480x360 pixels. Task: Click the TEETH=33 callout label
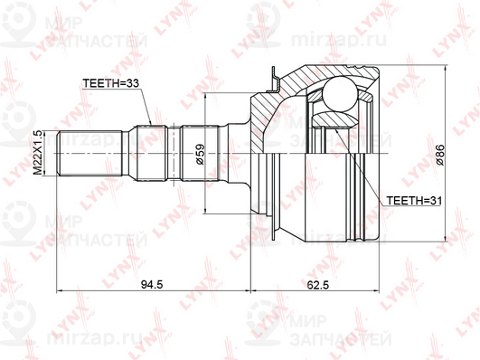click(111, 83)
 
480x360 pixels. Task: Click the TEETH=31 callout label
click(414, 201)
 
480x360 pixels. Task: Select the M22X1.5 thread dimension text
click(38, 153)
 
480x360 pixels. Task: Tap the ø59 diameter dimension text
click(200, 154)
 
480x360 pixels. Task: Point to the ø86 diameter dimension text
click(440, 155)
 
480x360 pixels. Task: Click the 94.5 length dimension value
click(152, 285)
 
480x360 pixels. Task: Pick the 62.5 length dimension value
click(317, 285)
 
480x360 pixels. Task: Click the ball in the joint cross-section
click(340, 94)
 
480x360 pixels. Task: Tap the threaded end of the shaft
click(90, 153)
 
